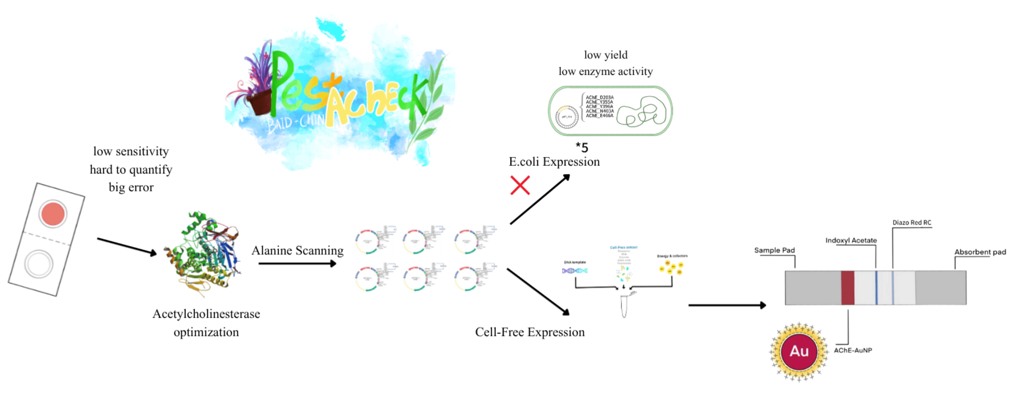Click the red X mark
click(x=520, y=186)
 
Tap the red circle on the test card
click(x=53, y=214)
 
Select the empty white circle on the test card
click(x=39, y=264)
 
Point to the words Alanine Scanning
click(x=297, y=250)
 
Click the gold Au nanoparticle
click(x=799, y=351)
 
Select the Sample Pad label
click(x=774, y=250)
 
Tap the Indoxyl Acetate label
click(x=851, y=240)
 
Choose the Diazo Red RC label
click(x=911, y=223)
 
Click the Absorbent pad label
click(x=980, y=252)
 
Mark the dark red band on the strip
click(x=848, y=287)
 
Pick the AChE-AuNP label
click(x=853, y=350)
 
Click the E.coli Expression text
click(x=554, y=162)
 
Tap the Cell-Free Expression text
click(x=530, y=332)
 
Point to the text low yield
click(x=605, y=55)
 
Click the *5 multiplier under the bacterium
click(x=582, y=147)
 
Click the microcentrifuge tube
click(x=624, y=306)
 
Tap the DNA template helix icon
click(x=575, y=271)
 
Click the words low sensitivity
click(x=131, y=151)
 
